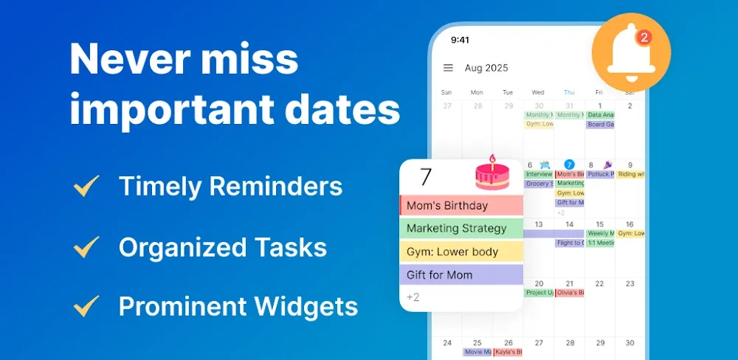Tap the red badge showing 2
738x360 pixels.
click(644, 37)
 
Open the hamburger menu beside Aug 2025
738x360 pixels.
click(448, 68)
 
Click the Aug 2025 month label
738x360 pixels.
click(486, 68)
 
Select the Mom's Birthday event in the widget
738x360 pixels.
click(461, 205)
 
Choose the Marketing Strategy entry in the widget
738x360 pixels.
click(461, 228)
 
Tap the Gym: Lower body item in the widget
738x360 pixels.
click(461, 252)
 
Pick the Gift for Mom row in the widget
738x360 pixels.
click(461, 274)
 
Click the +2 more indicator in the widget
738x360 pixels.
click(413, 297)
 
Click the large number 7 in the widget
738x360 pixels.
click(425, 177)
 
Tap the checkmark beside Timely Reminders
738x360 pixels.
click(87, 187)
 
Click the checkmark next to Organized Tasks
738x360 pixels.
click(87, 246)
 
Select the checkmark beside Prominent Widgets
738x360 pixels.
click(87, 305)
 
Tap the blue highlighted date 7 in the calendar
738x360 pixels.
click(569, 165)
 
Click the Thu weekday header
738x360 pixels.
click(569, 92)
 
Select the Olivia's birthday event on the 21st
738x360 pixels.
click(570, 293)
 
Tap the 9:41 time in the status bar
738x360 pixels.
click(460, 39)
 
